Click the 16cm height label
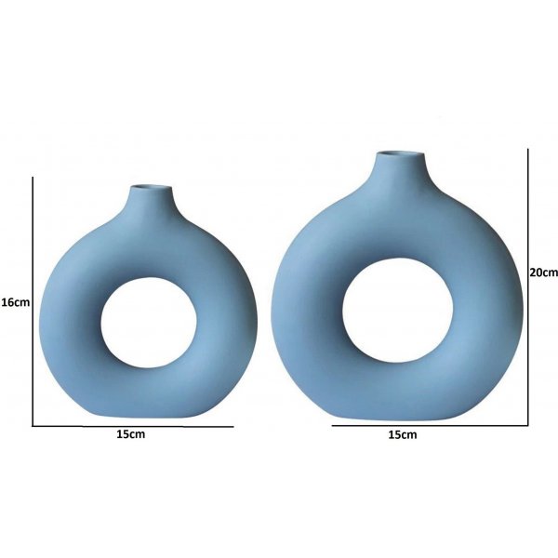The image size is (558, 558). (15, 302)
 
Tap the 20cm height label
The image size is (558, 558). (542, 272)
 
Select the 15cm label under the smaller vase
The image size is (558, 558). (131, 434)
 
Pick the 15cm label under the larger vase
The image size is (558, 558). (402, 434)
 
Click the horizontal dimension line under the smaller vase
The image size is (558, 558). (131, 425)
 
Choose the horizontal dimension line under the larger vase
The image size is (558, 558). (428, 425)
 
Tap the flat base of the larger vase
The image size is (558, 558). (400, 414)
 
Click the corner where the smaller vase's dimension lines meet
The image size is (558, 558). (33, 425)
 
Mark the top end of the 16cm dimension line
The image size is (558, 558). (33, 179)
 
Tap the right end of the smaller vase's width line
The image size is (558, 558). (232, 425)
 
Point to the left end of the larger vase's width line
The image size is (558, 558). (332, 425)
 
